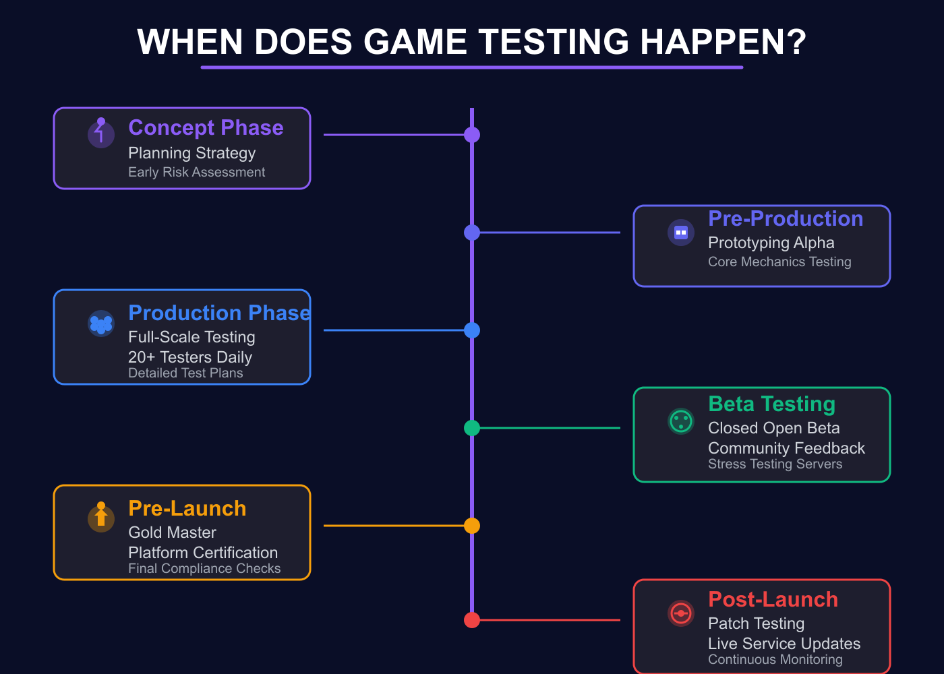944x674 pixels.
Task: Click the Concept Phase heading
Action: (206, 128)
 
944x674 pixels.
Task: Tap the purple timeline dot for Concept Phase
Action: (472, 135)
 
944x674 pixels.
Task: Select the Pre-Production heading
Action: (786, 219)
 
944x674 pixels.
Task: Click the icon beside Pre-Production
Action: (681, 233)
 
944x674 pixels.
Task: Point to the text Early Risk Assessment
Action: (196, 173)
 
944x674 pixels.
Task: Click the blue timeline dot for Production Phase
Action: (472, 330)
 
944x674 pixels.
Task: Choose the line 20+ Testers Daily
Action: (190, 357)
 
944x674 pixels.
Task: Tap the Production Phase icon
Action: (101, 324)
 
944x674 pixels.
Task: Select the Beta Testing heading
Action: (771, 404)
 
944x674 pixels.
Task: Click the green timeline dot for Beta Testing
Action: (472, 428)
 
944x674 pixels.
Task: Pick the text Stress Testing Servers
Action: (775, 464)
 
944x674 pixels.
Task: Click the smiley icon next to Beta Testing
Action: (681, 421)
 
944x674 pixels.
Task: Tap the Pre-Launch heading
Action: (187, 509)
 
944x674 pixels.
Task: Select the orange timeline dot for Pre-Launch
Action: (472, 526)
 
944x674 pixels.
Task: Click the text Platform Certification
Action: (203, 553)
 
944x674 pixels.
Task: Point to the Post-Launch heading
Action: (773, 600)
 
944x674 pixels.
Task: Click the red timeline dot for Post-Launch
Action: (472, 620)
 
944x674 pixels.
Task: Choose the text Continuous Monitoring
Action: (775, 660)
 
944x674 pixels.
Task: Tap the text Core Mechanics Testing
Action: (779, 262)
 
